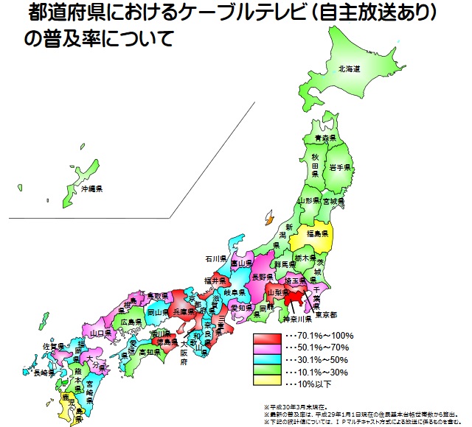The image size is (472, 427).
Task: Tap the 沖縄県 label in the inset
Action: [x=91, y=189]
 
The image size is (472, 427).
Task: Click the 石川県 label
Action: [x=217, y=260]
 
